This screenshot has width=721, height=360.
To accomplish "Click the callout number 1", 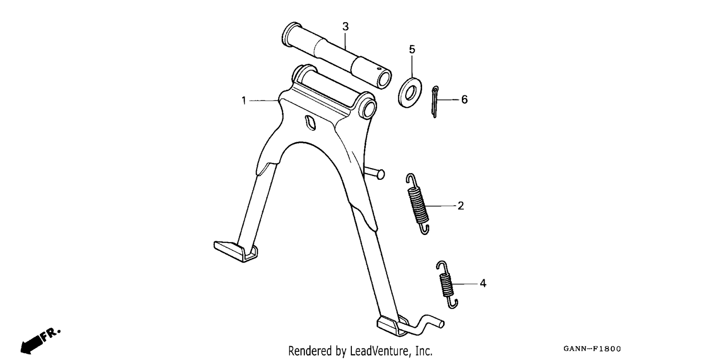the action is coord(244,101).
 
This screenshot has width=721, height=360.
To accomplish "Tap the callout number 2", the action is coord(460,206).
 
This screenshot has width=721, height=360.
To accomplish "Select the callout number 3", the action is coord(346,27).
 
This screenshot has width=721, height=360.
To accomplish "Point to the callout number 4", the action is coord(483,284).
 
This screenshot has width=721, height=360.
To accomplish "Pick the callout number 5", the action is coord(412,50).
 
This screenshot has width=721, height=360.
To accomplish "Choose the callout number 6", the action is coord(464,99).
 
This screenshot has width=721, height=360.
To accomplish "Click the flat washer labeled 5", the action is coord(410,93).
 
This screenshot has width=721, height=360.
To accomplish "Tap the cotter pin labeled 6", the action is coord(435,102).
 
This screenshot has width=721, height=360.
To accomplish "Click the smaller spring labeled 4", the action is coord(447,285).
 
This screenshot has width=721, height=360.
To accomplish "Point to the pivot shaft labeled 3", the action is coord(336,55).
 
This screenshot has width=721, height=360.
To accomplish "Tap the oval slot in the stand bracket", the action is coord(311,123).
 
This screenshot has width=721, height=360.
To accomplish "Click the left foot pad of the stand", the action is coord(236,251).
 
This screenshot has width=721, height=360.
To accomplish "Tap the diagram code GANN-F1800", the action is coord(592,349).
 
